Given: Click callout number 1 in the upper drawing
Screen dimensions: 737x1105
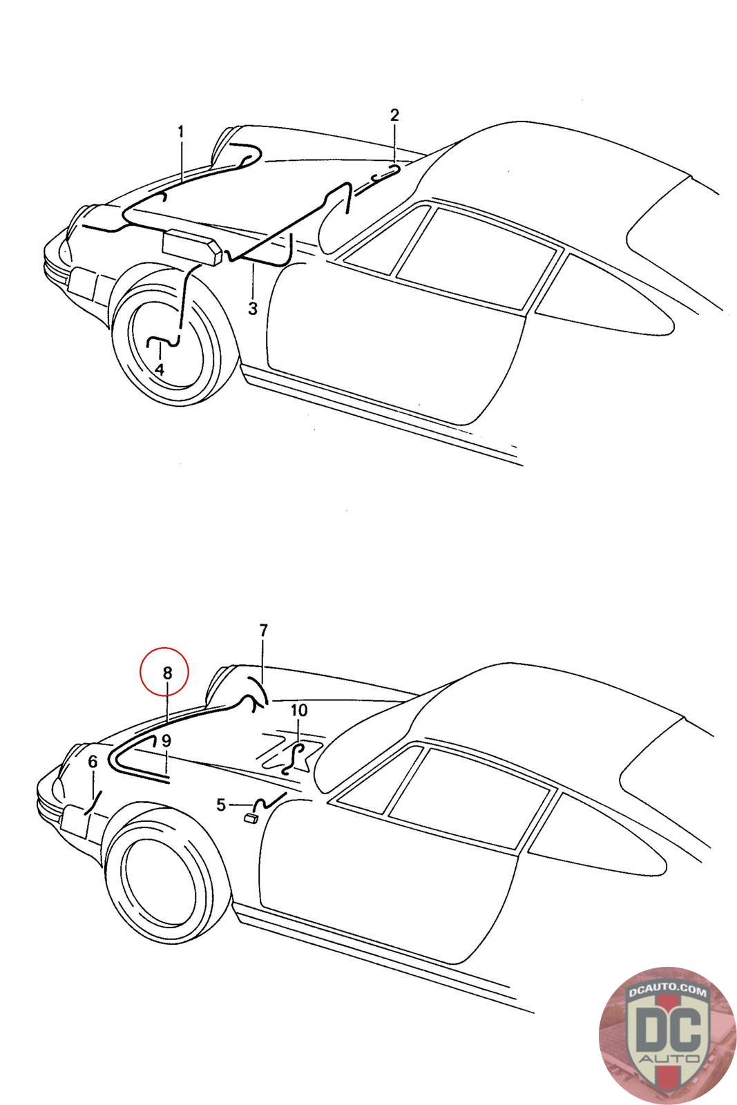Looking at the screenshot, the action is coord(180,132).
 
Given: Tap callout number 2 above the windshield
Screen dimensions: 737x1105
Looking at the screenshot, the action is coord(394,115).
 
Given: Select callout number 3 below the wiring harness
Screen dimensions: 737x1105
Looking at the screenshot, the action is coord(253,309).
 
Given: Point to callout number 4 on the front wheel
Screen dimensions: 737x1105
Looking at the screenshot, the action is coord(160,369).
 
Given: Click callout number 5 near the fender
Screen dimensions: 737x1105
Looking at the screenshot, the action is coord(221,805).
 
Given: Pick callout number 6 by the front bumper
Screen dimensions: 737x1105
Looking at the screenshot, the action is coord(93,762).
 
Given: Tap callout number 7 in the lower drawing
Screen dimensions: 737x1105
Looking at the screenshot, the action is coord(263,631).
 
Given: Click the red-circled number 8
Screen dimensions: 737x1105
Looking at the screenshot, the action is coord(167,673).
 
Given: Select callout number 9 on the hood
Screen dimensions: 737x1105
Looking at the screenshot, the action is coord(166,740).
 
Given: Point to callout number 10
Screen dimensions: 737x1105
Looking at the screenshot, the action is coord(298,711).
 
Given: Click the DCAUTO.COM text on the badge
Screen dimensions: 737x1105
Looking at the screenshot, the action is coord(667,991).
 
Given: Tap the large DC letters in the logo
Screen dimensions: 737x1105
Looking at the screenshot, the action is coord(668,1029).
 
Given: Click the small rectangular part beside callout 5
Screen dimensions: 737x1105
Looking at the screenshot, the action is coord(251,819).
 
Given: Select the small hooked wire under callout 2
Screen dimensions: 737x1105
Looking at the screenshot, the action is coord(385,173).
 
